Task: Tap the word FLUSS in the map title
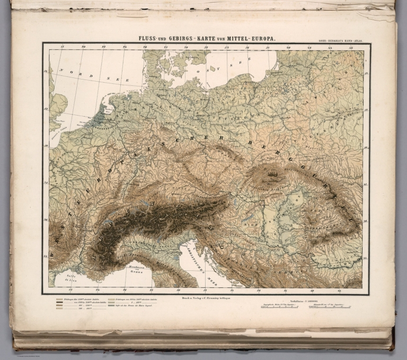[149, 39]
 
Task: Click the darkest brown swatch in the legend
[60, 303]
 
